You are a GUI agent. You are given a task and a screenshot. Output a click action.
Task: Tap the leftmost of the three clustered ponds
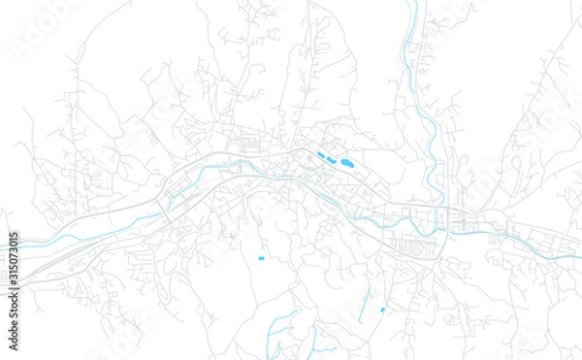pos(320,154)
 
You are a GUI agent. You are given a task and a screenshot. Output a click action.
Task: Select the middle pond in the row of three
pos(331,159)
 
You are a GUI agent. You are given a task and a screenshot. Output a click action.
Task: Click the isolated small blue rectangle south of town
pos(261,258)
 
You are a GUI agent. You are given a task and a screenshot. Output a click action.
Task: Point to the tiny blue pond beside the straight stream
pos(382,310)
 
